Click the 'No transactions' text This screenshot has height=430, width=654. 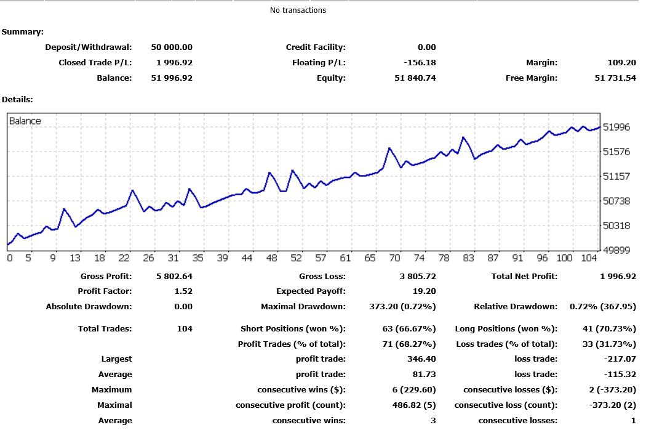pyautogui.click(x=298, y=10)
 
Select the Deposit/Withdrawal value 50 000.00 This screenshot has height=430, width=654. pyautogui.click(x=172, y=47)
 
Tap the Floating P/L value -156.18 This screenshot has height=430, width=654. pyautogui.click(x=420, y=63)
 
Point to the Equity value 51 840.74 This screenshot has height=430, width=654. pyautogui.click(x=415, y=78)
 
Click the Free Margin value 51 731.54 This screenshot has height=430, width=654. pyautogui.click(x=615, y=78)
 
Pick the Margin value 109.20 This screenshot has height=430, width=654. pyautogui.click(x=622, y=63)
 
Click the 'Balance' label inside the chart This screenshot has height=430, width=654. pyautogui.click(x=25, y=121)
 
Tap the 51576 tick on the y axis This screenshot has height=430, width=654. pyautogui.click(x=616, y=152)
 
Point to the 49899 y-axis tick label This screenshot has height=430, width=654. pyautogui.click(x=616, y=250)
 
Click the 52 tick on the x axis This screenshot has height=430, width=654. pyautogui.click(x=296, y=258)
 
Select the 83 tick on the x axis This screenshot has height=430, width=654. pyautogui.click(x=468, y=258)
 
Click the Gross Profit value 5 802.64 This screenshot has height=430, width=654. pyautogui.click(x=174, y=277)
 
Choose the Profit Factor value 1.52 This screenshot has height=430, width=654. pyautogui.click(x=183, y=291)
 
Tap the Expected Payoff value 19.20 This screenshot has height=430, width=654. pyautogui.click(x=424, y=291)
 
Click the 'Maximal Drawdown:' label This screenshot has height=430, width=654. pyautogui.click(x=303, y=307)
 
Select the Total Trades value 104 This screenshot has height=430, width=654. pyautogui.click(x=185, y=329)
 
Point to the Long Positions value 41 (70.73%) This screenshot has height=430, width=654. pyautogui.click(x=609, y=329)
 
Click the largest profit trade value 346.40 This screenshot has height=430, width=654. pyautogui.click(x=421, y=359)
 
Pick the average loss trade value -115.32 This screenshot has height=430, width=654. pyautogui.click(x=620, y=375)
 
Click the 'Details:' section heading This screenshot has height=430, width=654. pyautogui.click(x=17, y=100)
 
